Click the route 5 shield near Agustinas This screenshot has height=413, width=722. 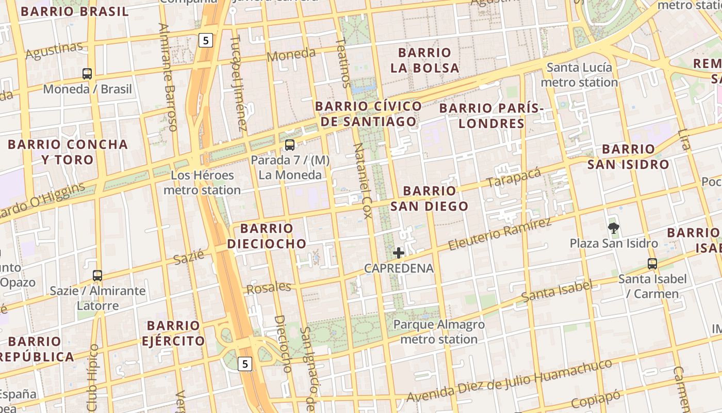tap(206, 40)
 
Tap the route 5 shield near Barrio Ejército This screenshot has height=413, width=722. tap(245, 364)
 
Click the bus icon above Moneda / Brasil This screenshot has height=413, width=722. tap(87, 74)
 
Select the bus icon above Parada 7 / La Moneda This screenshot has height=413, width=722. tap(290, 145)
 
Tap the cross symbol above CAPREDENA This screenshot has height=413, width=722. tap(399, 253)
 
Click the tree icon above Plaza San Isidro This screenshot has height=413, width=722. tap(613, 228)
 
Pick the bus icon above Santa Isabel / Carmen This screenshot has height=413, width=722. tap(652, 264)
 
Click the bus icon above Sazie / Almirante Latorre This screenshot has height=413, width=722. tap(97, 276)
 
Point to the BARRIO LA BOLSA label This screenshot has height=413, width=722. tap(424, 60)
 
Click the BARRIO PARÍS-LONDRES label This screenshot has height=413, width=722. tap(491, 116)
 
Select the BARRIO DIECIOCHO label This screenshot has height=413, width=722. tap(267, 236)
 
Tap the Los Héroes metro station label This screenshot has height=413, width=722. tap(202, 183)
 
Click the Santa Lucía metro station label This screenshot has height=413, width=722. tap(579, 75)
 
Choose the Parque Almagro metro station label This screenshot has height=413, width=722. tap(439, 332)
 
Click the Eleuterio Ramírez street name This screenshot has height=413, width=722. tap(500, 234)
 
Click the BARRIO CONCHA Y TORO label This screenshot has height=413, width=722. tap(68, 152)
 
